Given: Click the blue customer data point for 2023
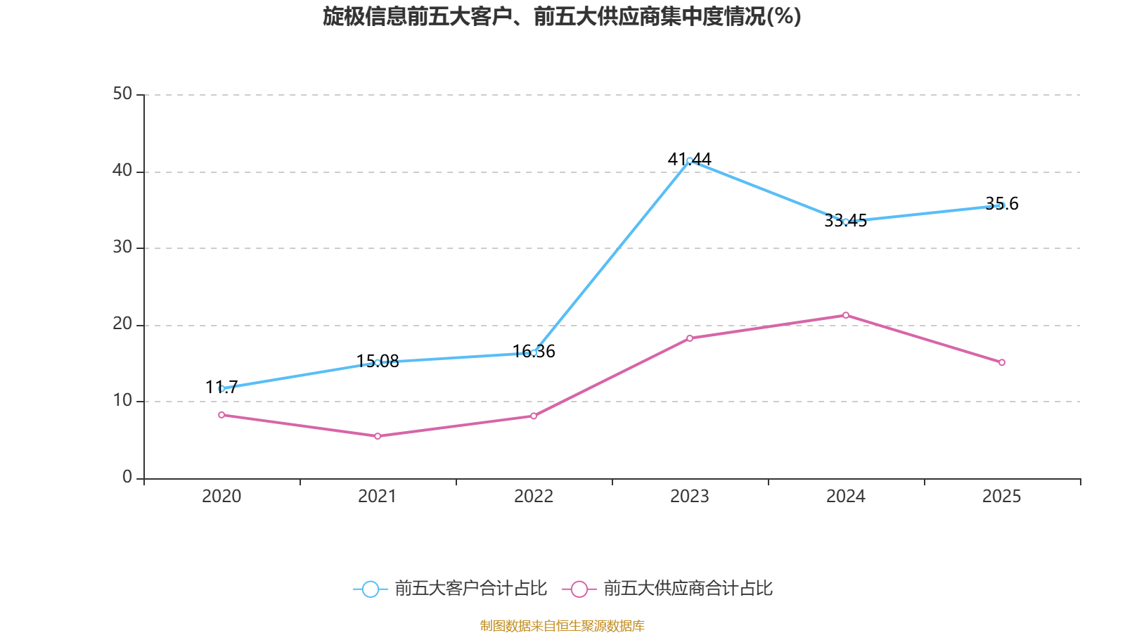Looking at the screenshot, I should tap(690, 160).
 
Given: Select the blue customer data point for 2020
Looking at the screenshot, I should tap(221, 388).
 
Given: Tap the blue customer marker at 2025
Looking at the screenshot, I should tap(1002, 205).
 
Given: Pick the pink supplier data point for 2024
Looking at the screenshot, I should tap(846, 315).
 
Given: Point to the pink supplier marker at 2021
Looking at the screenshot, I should tap(378, 436).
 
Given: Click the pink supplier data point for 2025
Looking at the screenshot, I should tap(1002, 362).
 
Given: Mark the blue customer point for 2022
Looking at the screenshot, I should tap(534, 352).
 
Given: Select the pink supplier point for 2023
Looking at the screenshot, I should tap(690, 338).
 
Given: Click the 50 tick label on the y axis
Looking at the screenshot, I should tap(122, 94).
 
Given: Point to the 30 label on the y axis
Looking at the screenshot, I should tap(122, 247).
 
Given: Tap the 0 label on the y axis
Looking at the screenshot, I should tap(127, 477).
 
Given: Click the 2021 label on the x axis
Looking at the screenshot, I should tap(378, 497).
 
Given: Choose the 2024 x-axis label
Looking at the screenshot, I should tap(846, 497).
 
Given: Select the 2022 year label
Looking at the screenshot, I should tap(534, 497).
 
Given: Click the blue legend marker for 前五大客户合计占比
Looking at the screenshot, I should tap(370, 589).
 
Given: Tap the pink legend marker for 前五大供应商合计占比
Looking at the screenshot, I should tap(579, 589).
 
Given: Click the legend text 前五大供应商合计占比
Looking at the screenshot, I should tap(688, 589).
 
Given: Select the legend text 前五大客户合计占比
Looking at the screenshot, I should tap(470, 589).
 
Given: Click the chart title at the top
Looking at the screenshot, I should tap(562, 16).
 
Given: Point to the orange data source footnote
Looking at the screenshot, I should tap(562, 625).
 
